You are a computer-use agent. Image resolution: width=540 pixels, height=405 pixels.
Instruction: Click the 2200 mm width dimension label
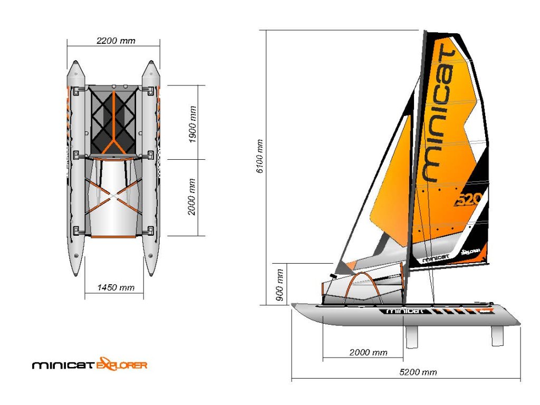pos(115,41)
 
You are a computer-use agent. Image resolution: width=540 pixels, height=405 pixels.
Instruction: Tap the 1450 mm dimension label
pos(115,287)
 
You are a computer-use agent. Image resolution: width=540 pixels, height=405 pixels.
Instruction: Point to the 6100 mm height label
pos(260,158)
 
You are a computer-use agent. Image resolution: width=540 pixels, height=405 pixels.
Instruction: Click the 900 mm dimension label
pos(280,284)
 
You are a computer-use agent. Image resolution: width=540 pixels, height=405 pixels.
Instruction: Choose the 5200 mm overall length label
pos(418,372)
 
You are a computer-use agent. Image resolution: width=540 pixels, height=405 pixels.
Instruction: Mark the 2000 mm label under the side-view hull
pos(368,352)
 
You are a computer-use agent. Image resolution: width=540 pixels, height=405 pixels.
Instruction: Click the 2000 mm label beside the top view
pos(193,196)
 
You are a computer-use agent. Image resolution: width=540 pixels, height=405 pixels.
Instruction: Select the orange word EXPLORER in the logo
pos(121,364)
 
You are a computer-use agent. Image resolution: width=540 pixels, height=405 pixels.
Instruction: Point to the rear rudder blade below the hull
pos(497,336)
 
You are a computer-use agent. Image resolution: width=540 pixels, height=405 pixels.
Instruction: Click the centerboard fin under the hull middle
pos(411,336)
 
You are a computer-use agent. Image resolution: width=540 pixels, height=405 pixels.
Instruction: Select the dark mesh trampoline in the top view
pos(114,120)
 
